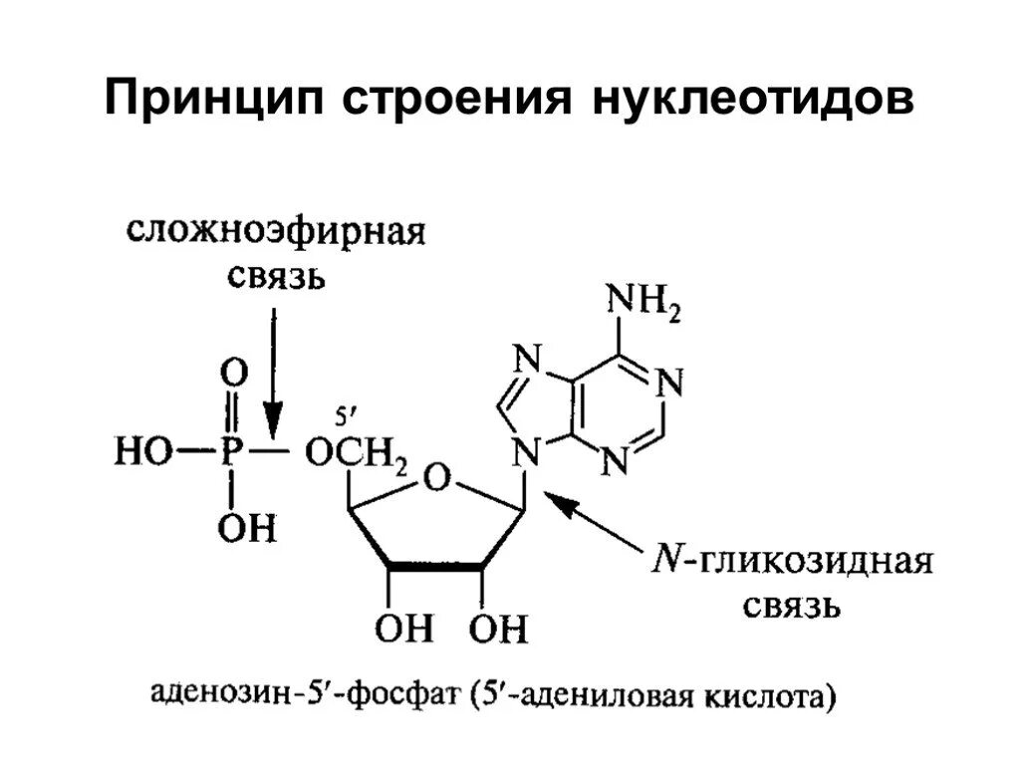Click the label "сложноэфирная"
[276, 232]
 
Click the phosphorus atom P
[231, 453]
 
